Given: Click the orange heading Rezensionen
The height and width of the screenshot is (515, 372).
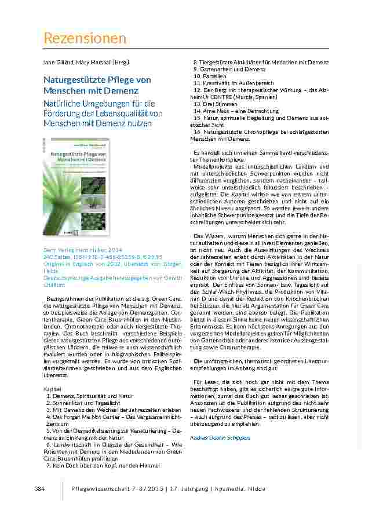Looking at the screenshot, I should coord(85,38).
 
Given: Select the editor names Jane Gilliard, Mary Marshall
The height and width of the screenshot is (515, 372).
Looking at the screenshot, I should coord(86,61).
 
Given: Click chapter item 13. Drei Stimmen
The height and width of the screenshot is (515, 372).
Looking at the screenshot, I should coord(213,104).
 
